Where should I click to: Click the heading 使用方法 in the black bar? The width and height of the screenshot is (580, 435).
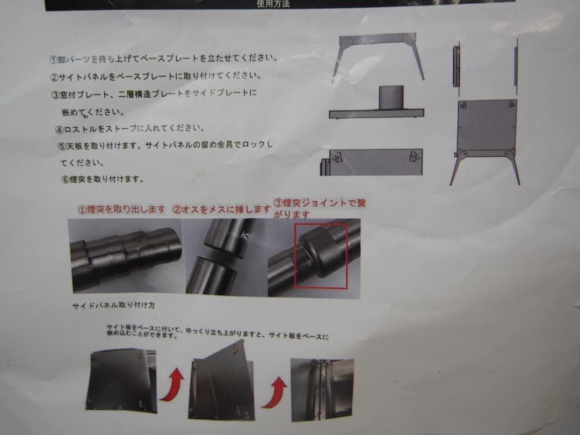[274, 4]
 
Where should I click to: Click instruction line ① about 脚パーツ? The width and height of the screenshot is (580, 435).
[163, 59]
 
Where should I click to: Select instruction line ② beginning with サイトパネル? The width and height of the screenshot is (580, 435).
[156, 76]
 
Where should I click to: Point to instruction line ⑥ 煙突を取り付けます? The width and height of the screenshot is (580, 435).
[103, 179]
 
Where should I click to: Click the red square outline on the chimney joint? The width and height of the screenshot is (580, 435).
[321, 256]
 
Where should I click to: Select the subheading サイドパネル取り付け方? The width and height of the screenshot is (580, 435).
[113, 306]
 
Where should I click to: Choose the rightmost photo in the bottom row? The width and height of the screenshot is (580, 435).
[322, 389]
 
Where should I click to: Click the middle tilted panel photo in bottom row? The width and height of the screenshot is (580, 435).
[222, 383]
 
